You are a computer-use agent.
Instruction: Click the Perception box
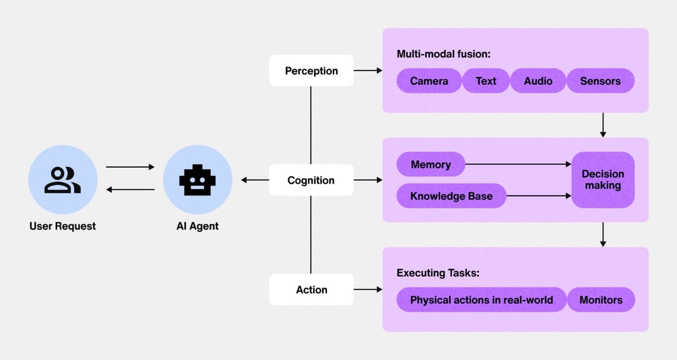pyautogui.click(x=311, y=71)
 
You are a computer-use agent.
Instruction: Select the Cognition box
pyautogui.click(x=311, y=180)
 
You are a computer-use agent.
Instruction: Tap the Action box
pyautogui.click(x=311, y=289)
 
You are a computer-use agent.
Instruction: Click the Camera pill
pyautogui.click(x=429, y=81)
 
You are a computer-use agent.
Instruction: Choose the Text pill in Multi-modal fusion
pyautogui.click(x=486, y=81)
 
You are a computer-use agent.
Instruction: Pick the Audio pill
pyautogui.click(x=538, y=81)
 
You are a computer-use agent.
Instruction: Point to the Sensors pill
pyautogui.click(x=600, y=81)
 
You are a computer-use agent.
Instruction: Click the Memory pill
pyautogui.click(x=430, y=164)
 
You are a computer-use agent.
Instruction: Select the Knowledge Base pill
pyautogui.click(x=451, y=196)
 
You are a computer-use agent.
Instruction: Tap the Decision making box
pyautogui.click(x=603, y=179)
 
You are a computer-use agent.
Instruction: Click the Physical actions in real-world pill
pyautogui.click(x=481, y=300)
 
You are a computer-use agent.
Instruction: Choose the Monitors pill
pyautogui.click(x=601, y=300)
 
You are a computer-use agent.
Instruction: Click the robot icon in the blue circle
pyautogui.click(x=197, y=180)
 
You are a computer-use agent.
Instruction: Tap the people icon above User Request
pyautogui.click(x=63, y=180)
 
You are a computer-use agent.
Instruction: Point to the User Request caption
pyautogui.click(x=63, y=226)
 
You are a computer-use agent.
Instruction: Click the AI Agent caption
pyautogui.click(x=197, y=226)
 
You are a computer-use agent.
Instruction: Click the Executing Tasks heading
pyautogui.click(x=438, y=273)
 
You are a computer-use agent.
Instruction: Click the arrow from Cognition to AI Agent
pyautogui.click(x=254, y=180)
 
